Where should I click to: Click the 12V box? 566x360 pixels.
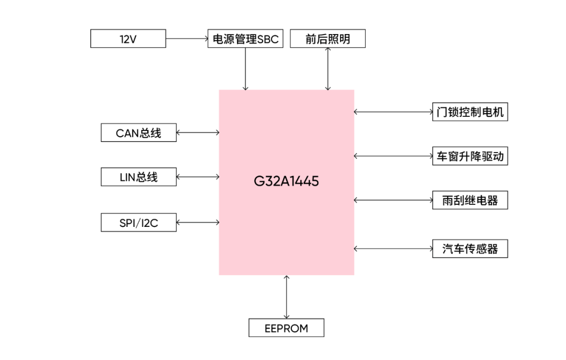(x=128, y=39)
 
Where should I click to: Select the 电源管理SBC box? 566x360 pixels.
(x=245, y=39)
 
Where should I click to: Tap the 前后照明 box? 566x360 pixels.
(x=328, y=39)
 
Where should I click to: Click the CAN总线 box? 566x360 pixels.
(x=138, y=133)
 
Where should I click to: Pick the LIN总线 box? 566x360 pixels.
(x=138, y=177)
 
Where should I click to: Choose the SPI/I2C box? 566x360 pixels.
(x=138, y=223)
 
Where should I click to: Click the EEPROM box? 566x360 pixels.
(x=286, y=329)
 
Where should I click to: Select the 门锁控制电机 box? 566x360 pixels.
(x=470, y=112)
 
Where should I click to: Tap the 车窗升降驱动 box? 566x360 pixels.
(x=470, y=156)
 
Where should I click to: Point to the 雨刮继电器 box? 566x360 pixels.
(x=470, y=200)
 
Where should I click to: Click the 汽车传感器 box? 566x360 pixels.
(x=470, y=248)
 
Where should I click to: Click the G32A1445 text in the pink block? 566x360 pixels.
(x=286, y=182)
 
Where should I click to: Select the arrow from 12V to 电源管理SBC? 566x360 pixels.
(x=187, y=39)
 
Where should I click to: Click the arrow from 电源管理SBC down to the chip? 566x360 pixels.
(x=245, y=69)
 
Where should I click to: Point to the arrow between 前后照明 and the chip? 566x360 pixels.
(x=328, y=69)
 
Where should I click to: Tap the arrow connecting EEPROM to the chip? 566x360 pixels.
(x=286, y=297)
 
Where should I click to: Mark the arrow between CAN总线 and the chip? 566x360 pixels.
(x=198, y=133)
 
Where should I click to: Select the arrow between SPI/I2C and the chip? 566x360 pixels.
(x=198, y=223)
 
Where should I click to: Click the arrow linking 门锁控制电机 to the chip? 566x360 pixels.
(x=393, y=112)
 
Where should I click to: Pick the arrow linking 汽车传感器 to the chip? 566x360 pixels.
(x=393, y=248)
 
